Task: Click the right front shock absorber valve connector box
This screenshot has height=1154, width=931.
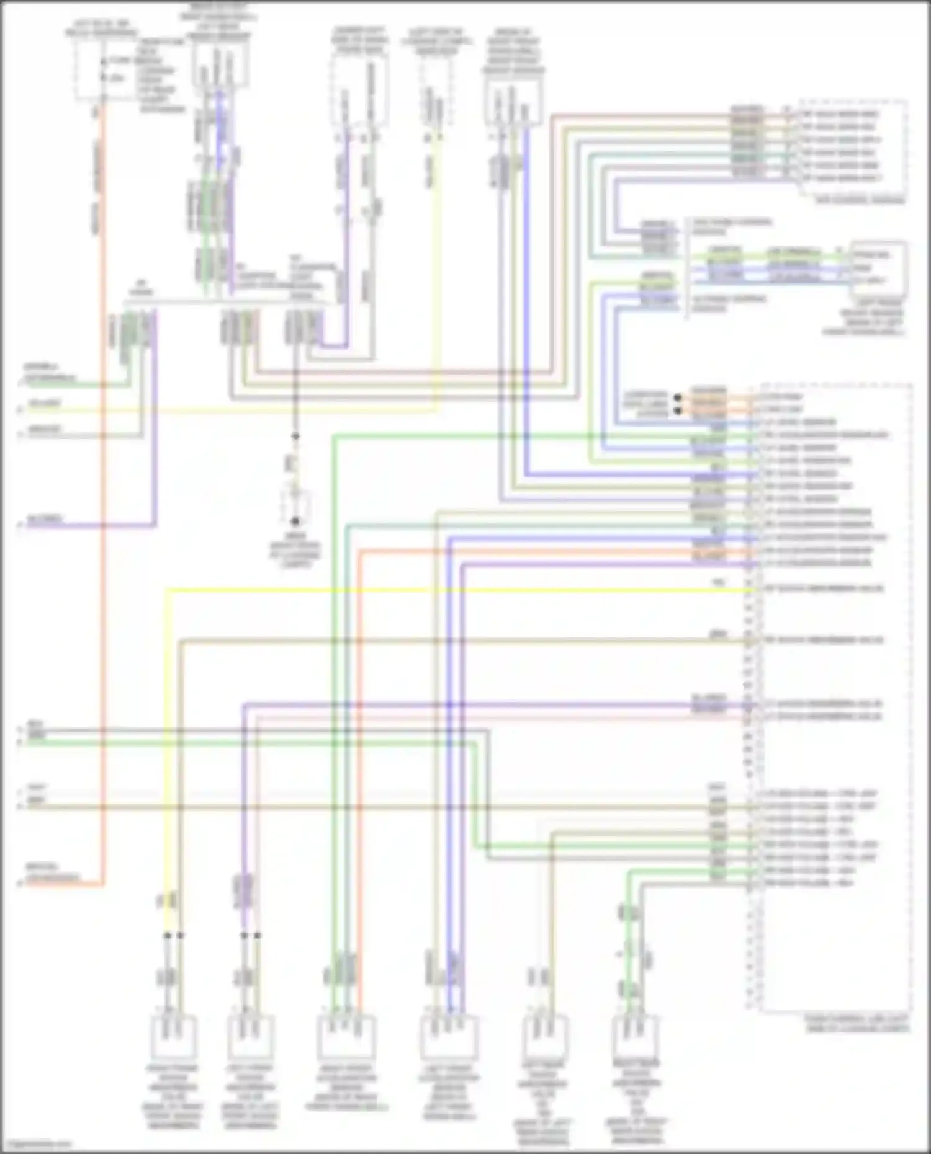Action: [x=173, y=1037]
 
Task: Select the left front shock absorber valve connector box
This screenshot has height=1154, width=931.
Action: [x=247, y=1037]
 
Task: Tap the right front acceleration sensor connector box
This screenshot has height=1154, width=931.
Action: [x=345, y=1037]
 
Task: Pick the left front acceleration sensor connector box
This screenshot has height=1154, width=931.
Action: [x=448, y=1037]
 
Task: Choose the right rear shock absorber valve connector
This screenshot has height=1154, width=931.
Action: [x=633, y=1037]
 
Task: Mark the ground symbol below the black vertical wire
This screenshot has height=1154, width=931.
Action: [x=295, y=521]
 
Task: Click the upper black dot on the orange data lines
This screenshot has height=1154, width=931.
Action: [x=678, y=397]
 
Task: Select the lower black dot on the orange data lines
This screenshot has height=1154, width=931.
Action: [x=678, y=410]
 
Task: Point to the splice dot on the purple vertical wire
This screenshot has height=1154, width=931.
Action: [x=244, y=935]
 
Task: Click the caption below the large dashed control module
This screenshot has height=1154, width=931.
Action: [x=857, y=1023]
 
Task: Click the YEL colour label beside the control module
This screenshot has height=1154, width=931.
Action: [x=718, y=583]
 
